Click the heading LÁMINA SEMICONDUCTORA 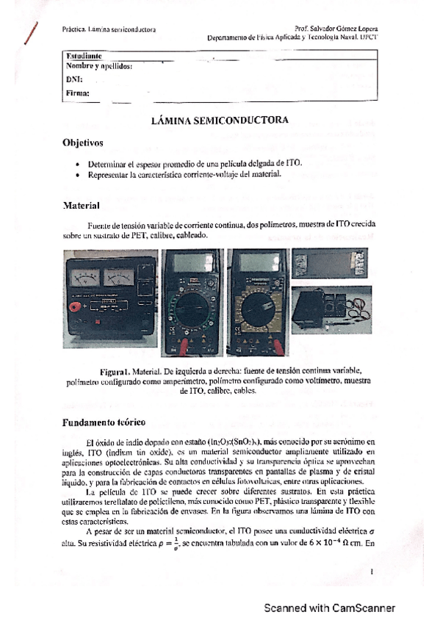[x=220, y=120]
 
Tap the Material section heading [x=81, y=207]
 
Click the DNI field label [x=73, y=79]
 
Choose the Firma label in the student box [x=77, y=93]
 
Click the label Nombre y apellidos [x=98, y=66]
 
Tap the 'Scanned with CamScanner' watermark [x=330, y=608]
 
